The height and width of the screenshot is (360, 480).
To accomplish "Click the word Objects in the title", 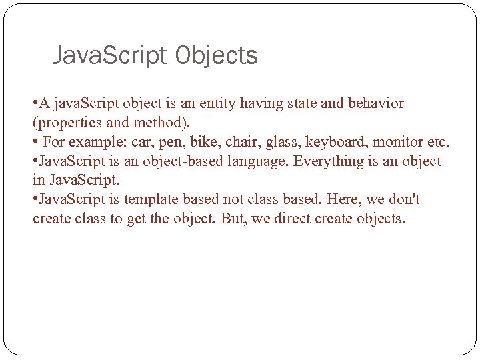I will [x=217, y=56].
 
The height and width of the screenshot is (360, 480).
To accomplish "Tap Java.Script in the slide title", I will [x=110, y=56].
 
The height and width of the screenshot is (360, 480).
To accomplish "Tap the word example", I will [x=96, y=143].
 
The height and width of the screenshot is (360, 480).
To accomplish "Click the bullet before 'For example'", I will [x=35, y=142].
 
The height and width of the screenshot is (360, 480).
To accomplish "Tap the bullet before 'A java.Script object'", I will [x=35, y=103].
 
